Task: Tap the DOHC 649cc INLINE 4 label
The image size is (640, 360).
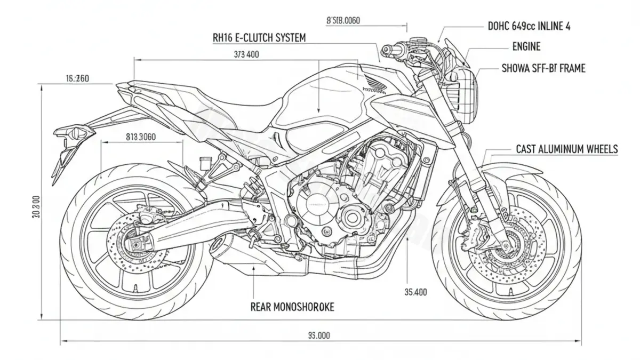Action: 529,26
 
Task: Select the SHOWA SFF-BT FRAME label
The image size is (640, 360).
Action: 543,68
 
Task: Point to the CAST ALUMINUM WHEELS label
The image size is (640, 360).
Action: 566,149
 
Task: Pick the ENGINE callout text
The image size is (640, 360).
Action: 526,47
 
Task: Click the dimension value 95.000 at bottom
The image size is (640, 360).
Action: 319,335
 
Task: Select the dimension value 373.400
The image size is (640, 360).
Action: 246,54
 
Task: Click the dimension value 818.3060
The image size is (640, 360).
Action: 140,137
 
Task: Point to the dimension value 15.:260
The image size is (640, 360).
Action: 77,79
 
